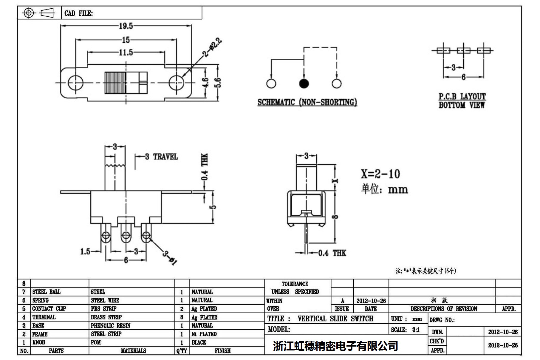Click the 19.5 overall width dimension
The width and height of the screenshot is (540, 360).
tap(126, 26)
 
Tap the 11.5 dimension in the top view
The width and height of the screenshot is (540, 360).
tap(126, 52)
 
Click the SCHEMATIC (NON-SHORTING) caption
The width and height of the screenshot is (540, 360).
tap(307, 102)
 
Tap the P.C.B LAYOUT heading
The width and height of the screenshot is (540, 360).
tap(462, 97)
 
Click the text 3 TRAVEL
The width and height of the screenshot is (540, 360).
tap(161, 157)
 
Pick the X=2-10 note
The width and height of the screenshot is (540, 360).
tap(380, 174)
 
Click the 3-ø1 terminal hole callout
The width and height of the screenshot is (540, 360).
tap(170, 257)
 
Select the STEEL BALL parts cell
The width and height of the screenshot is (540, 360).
tap(47, 292)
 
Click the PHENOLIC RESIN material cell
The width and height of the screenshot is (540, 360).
tap(111, 326)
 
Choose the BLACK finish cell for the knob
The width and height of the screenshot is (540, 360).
tap(199, 342)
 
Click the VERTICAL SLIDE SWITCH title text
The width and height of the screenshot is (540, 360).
tap(335, 319)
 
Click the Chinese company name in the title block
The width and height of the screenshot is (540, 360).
tap(335, 346)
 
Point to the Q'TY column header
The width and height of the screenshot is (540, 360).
tap(182, 351)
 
